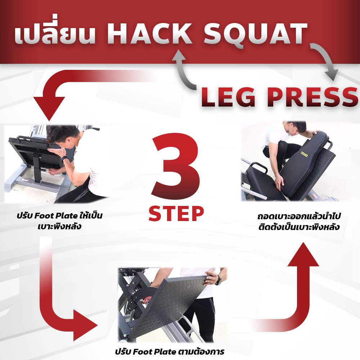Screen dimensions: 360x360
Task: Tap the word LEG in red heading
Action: (x=228, y=97)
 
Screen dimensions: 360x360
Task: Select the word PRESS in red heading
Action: (x=312, y=97)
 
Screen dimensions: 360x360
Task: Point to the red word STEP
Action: (x=176, y=213)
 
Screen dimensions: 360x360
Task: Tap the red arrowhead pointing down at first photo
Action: (x=49, y=108)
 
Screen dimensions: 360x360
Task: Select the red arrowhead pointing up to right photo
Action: (x=303, y=255)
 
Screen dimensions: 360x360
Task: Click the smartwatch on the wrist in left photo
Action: (x=64, y=159)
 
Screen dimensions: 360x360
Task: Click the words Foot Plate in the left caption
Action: (x=56, y=216)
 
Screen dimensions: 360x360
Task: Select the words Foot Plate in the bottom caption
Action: (x=154, y=352)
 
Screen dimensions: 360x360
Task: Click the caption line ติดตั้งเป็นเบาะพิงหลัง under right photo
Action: (x=299, y=227)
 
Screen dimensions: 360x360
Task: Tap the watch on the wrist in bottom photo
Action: (x=219, y=280)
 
